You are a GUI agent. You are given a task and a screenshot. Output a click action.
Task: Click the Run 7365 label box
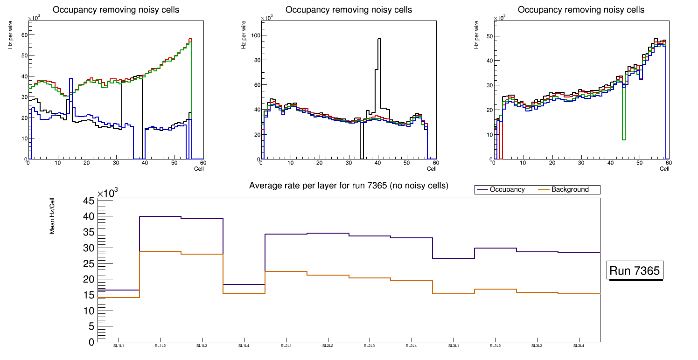pos(635,271)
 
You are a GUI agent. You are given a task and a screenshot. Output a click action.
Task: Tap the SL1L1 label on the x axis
pos(119,346)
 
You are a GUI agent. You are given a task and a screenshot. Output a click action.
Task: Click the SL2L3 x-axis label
pos(370,346)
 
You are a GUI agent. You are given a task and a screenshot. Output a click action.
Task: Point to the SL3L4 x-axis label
pos(579,346)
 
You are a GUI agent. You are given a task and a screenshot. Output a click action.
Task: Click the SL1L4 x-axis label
pos(244,346)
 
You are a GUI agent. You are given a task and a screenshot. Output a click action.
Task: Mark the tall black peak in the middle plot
pos(379,40)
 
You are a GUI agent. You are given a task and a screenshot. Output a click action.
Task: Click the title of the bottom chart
pos(349,186)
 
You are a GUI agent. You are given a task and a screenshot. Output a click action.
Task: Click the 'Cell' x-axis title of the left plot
pos(199,168)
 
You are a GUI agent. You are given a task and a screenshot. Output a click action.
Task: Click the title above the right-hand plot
pos(581,10)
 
